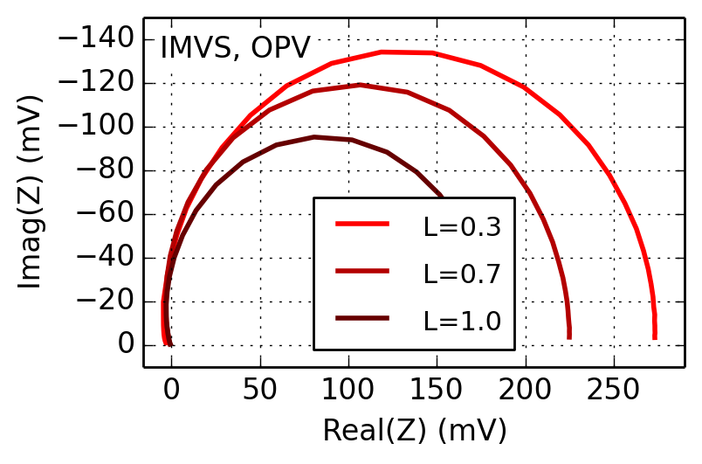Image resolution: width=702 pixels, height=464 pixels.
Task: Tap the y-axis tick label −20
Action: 104,301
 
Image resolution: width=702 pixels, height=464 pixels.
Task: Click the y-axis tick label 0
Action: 126,345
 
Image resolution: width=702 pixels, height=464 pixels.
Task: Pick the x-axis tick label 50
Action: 259,388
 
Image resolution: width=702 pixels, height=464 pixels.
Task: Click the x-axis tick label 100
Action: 348,388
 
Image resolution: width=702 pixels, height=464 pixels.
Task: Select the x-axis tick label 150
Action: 437,388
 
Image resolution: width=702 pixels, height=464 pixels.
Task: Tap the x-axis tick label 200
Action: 525,388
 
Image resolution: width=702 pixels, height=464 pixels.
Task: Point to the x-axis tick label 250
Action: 614,388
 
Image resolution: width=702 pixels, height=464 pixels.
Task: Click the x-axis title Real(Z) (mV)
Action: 414,431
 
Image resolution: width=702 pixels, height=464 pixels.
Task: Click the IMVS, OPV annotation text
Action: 235,47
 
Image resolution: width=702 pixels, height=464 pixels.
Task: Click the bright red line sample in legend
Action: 361,225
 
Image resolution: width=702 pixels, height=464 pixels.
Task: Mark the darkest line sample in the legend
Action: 361,319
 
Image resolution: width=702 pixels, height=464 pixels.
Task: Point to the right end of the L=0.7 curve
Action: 569,337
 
